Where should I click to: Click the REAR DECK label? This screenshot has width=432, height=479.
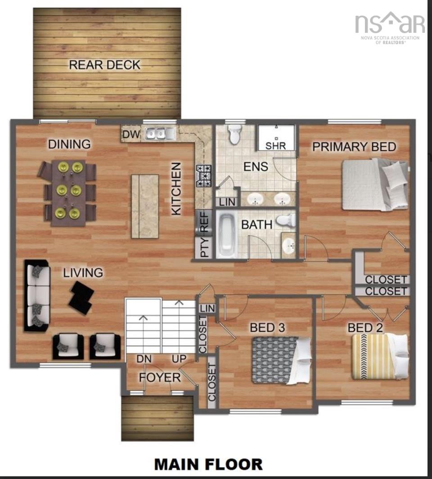104,65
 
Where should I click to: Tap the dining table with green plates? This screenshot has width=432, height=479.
69,192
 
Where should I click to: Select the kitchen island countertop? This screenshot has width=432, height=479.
145,206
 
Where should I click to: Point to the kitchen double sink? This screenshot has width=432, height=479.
159,133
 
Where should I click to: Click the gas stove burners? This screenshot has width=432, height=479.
204,175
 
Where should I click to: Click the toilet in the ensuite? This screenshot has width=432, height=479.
234,135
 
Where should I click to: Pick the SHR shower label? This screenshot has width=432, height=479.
275,146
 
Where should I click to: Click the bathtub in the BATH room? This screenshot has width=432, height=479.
226,235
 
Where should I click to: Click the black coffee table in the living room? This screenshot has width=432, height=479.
81,297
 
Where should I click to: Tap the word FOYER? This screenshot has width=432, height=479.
160,377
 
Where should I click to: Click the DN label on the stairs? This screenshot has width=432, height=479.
144,360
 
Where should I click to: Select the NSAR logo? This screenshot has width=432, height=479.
390,26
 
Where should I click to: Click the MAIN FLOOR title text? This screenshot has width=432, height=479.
208,464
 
